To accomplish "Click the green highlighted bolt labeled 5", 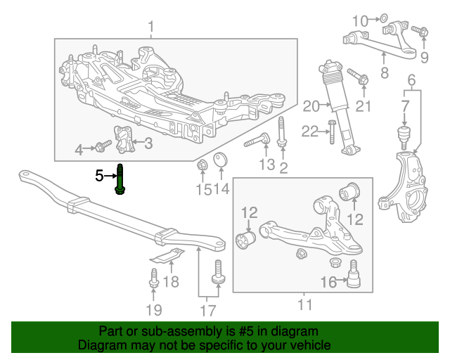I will [121, 179].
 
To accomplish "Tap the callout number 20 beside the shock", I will [311, 107].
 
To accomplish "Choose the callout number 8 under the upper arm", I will [384, 72].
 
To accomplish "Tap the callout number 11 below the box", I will [304, 305].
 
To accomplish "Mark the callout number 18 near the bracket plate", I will [171, 282].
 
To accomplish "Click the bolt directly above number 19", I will [153, 276].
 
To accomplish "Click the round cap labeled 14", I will [219, 158].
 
